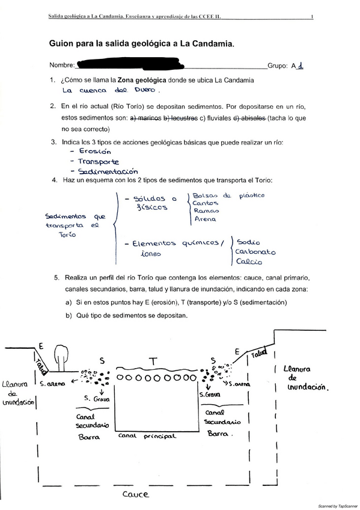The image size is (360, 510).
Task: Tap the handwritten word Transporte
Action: [99, 162]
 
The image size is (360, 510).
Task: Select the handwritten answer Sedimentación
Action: [108, 171]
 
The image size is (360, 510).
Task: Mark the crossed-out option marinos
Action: [147, 118]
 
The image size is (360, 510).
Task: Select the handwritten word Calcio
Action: [248, 262]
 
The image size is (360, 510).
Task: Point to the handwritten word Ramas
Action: [206, 210]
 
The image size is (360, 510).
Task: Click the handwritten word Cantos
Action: [206, 203]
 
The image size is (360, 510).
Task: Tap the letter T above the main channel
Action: [153, 361]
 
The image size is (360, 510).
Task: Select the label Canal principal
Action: [147, 435]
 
